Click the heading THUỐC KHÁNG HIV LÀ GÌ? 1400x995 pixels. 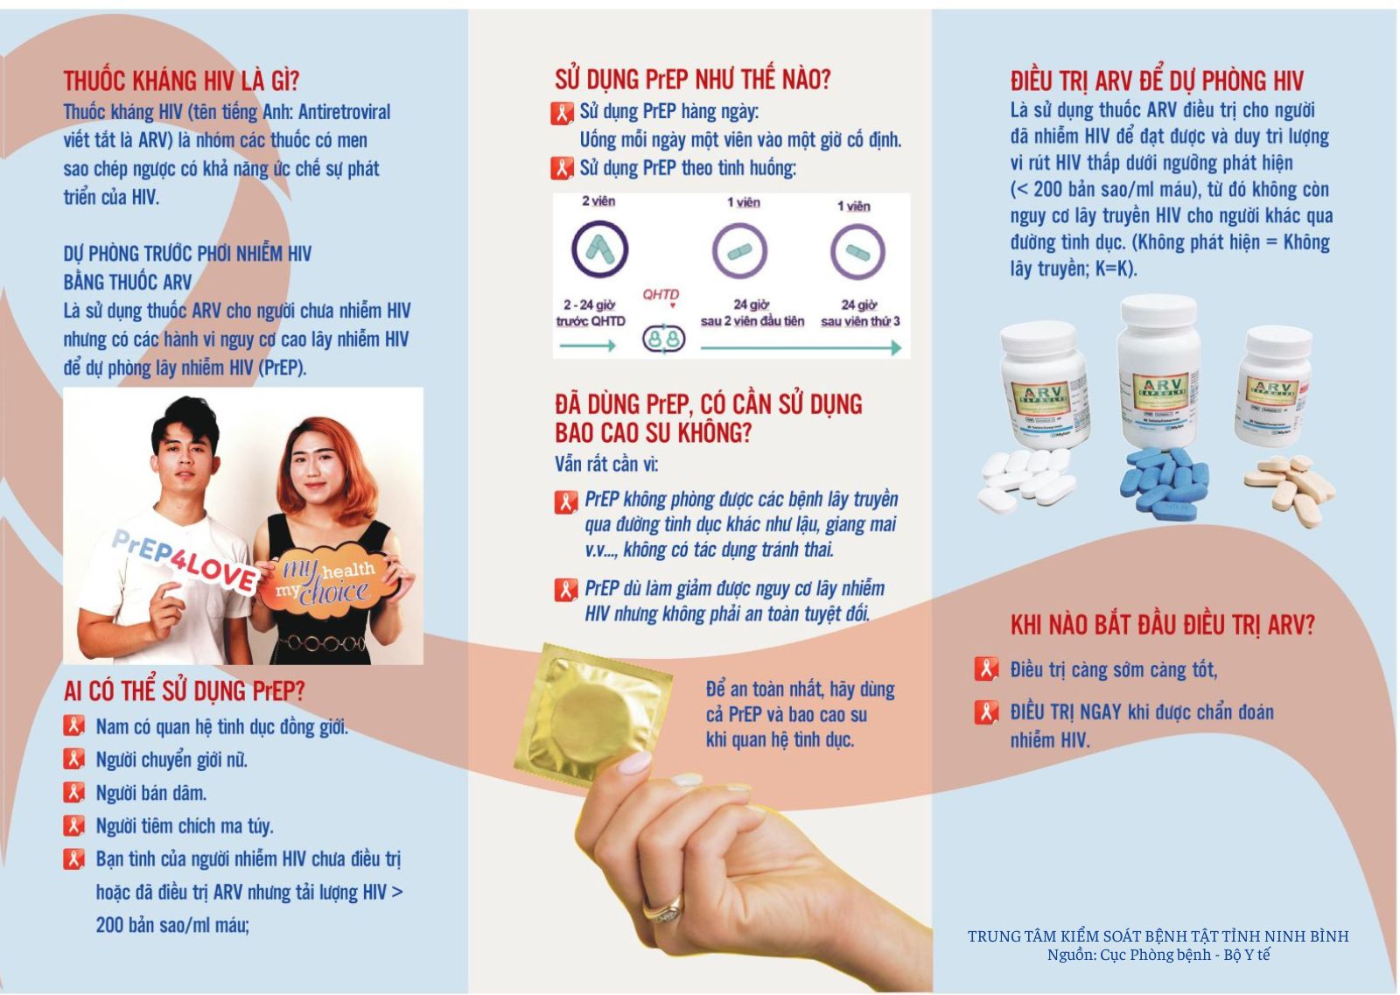pyautogui.click(x=181, y=81)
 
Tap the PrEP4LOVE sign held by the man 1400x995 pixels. pyautogui.click(x=185, y=559)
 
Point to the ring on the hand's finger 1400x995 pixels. pyautogui.click(x=663, y=909)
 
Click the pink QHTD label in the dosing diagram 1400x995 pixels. pyautogui.click(x=661, y=294)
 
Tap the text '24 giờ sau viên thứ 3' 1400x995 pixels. pyautogui.click(x=860, y=312)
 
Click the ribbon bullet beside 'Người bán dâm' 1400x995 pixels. pyautogui.click(x=73, y=793)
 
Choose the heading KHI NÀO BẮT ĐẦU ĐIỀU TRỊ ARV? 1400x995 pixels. pyautogui.click(x=1163, y=624)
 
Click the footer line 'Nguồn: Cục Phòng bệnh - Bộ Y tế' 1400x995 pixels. pyautogui.click(x=1158, y=955)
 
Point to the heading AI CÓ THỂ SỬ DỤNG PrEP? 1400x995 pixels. pyautogui.click(x=184, y=690)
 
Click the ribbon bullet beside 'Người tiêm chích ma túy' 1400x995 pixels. pyautogui.click(x=73, y=825)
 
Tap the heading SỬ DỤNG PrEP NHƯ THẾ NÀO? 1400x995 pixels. pyautogui.click(x=692, y=80)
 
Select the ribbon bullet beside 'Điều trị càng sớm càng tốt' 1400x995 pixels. pyautogui.click(x=986, y=669)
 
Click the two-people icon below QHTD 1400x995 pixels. pyautogui.click(x=664, y=339)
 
